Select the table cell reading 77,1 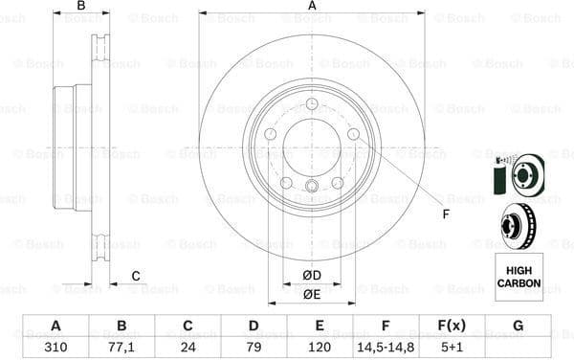click(x=121, y=347)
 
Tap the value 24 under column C click(x=188, y=347)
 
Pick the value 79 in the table click(x=254, y=347)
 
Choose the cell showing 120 click(x=320, y=347)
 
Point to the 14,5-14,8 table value click(x=386, y=347)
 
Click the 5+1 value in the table click(x=452, y=347)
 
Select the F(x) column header click(x=452, y=326)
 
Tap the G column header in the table click(x=518, y=326)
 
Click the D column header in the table click(x=254, y=326)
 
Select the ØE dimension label click(x=311, y=294)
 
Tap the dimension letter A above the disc click(x=312, y=7)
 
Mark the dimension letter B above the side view click(x=80, y=7)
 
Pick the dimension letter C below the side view click(x=135, y=276)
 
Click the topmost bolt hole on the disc click(x=312, y=104)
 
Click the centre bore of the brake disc click(x=312, y=146)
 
